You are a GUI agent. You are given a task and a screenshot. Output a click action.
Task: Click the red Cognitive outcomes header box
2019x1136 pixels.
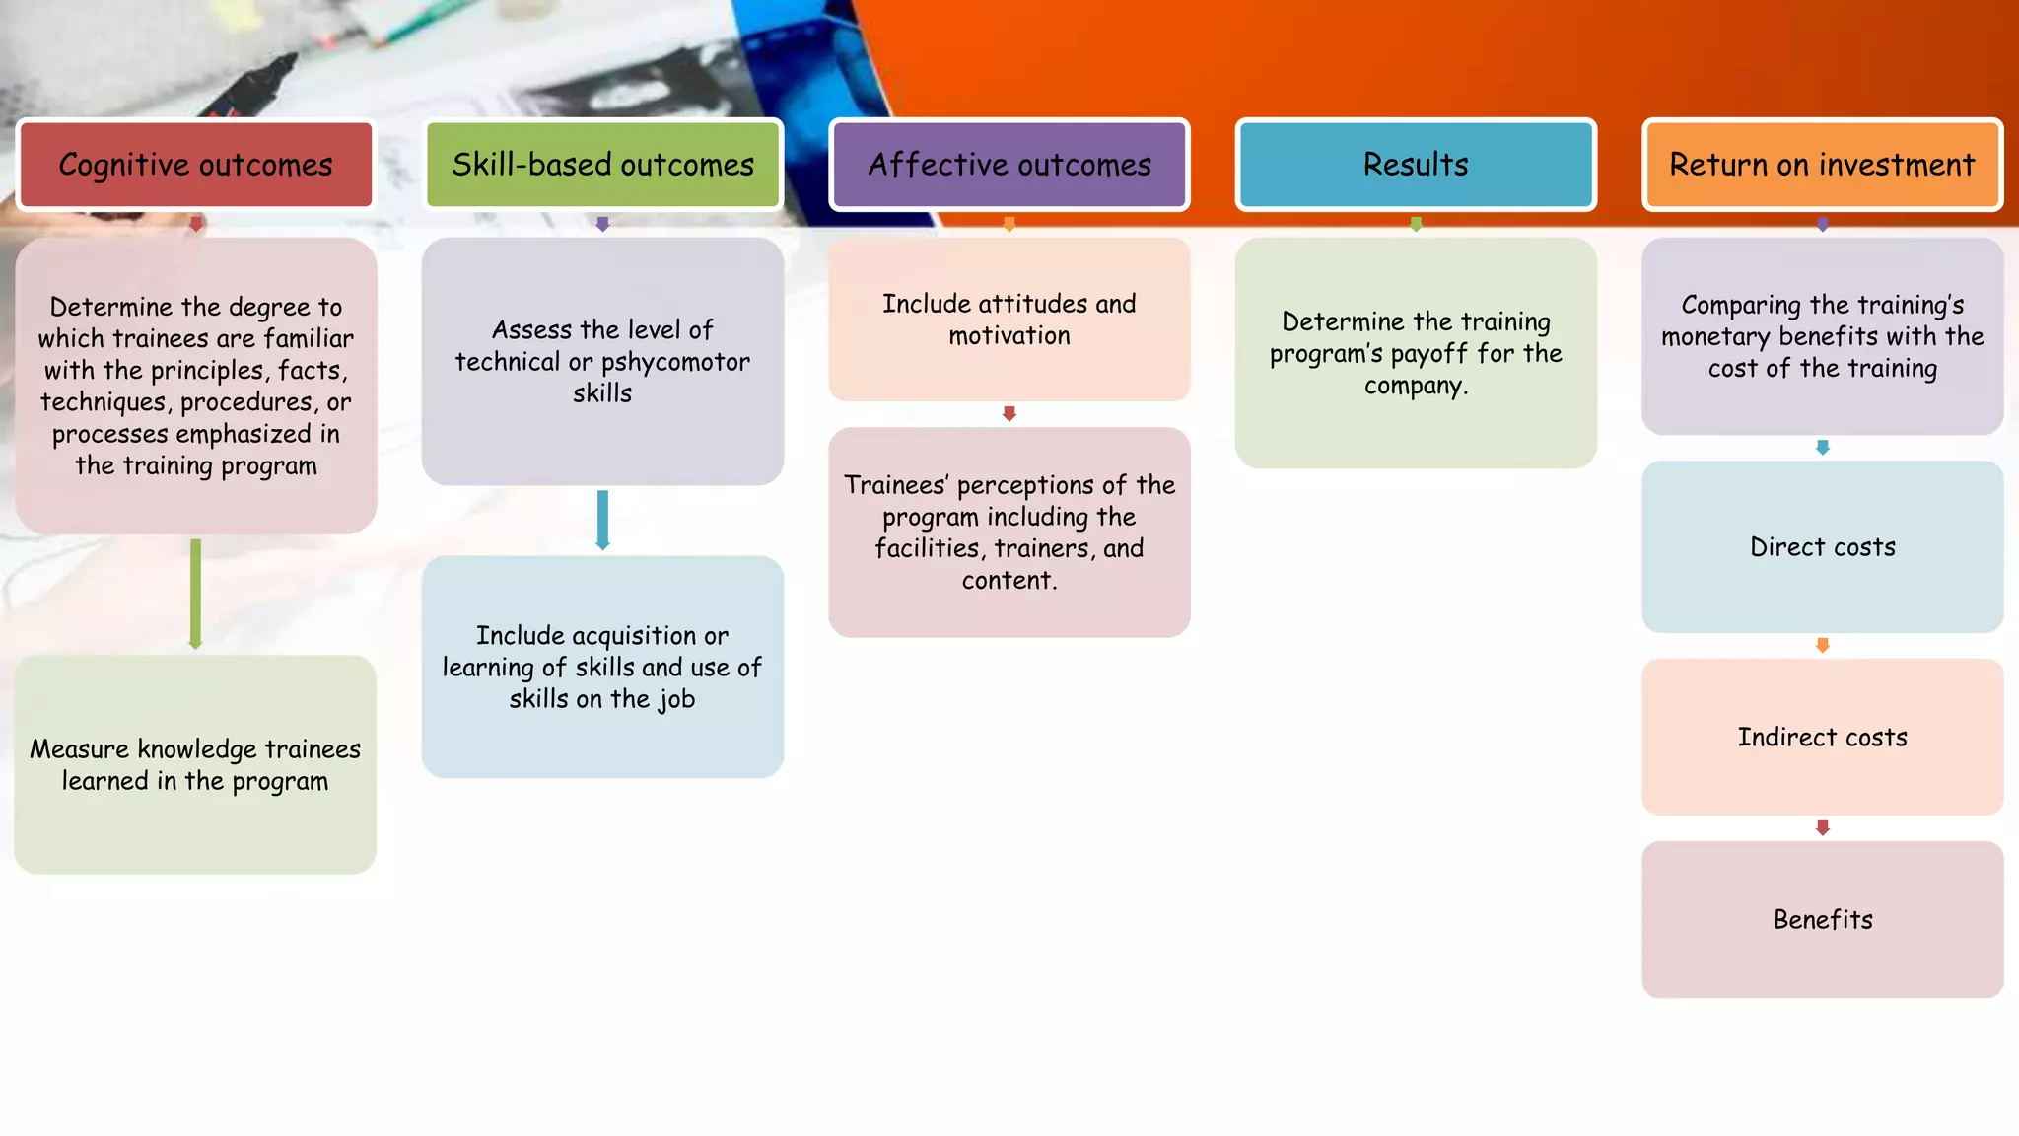[x=195, y=165]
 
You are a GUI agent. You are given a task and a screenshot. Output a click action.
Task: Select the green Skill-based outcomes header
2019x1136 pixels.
[x=602, y=165]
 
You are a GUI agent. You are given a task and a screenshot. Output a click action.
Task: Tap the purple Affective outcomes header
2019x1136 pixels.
[x=1009, y=165]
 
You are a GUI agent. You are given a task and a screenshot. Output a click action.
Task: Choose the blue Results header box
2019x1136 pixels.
[x=1416, y=165]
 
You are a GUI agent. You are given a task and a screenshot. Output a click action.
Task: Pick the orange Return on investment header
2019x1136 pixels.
[x=1822, y=165]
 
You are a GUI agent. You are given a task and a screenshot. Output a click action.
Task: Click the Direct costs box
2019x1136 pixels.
[x=1822, y=547]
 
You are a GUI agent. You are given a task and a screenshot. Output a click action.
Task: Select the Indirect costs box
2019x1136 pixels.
[x=1822, y=738]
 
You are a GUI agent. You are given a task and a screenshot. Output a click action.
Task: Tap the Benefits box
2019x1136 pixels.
[x=1822, y=920]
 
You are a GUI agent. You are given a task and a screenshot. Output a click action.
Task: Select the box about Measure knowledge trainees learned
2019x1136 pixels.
[x=195, y=765]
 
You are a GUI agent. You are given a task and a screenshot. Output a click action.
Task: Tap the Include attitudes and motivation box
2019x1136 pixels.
[x=1009, y=319]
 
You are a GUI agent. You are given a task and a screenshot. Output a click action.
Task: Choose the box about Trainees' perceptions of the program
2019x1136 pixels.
[x=1009, y=532]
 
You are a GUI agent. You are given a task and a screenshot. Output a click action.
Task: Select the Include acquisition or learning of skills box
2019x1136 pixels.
[x=602, y=668]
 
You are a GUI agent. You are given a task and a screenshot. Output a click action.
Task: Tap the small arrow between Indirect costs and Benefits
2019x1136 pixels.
[x=1822, y=828]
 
